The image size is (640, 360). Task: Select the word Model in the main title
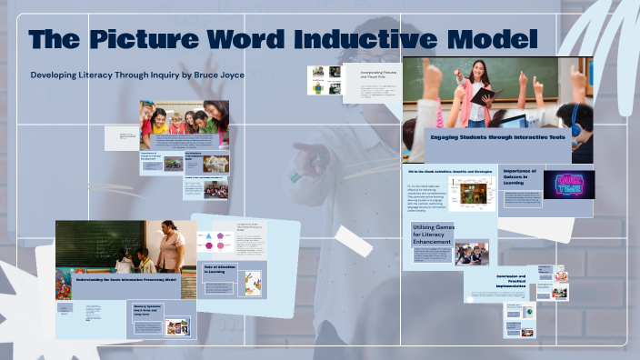(x=495, y=41)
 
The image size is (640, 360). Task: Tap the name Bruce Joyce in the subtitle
(x=240, y=75)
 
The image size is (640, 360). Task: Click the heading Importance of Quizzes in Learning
(x=520, y=176)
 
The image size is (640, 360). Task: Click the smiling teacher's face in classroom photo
(x=475, y=69)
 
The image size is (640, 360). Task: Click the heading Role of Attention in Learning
(x=217, y=268)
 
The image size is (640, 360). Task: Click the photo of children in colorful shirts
(x=183, y=124)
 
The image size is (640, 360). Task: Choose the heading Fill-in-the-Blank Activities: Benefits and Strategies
(x=451, y=170)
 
